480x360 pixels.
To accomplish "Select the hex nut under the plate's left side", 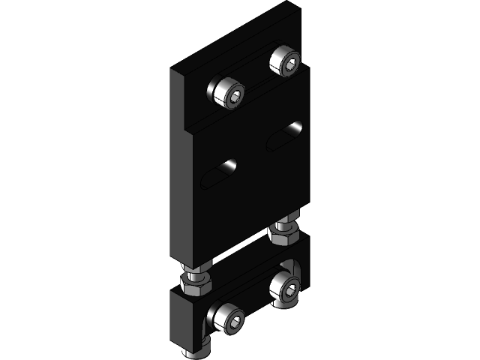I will click(x=195, y=283).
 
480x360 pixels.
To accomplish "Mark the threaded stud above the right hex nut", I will click(x=283, y=222).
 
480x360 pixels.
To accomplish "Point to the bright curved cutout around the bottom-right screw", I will click(x=293, y=270).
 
